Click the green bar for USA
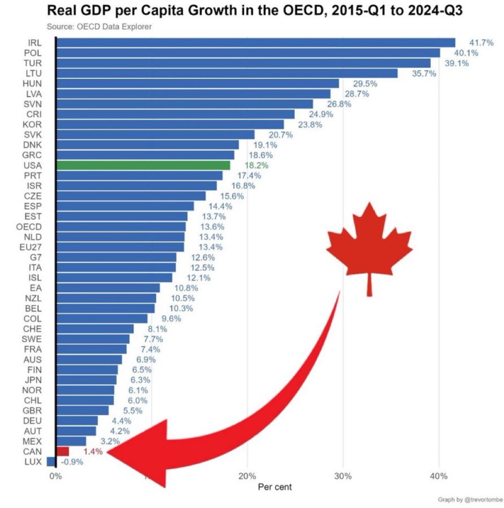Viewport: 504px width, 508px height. tap(142, 165)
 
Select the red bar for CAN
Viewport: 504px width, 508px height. tap(62, 452)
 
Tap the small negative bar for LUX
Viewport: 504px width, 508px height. tap(51, 462)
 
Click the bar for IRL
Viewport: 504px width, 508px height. tap(255, 43)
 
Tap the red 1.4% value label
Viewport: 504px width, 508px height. tap(93, 452)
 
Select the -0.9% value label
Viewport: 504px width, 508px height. tap(72, 462)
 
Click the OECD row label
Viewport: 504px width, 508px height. tap(29, 226)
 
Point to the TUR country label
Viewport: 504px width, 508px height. tap(33, 63)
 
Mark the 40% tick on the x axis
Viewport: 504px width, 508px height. tap(438, 476)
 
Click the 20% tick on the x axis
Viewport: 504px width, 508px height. tap(247, 476)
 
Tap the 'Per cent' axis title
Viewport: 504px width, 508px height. tap(274, 487)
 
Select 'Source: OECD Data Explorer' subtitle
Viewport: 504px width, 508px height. tap(99, 27)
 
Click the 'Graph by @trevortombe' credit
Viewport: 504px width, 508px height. tap(471, 499)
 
